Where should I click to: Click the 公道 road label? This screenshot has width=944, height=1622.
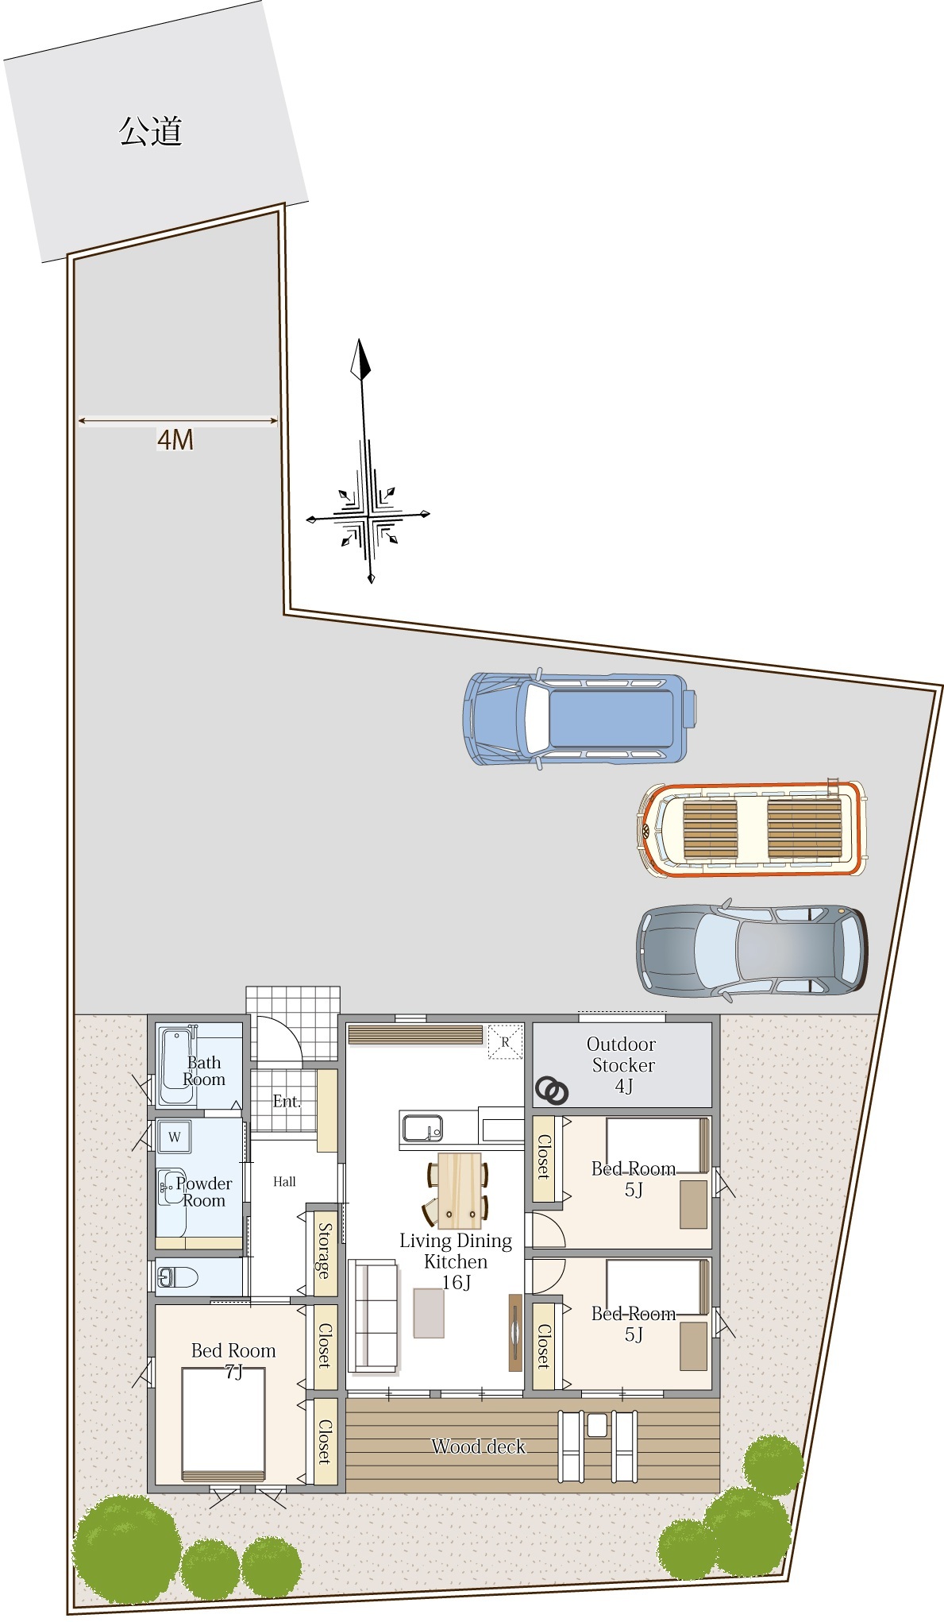tap(150, 131)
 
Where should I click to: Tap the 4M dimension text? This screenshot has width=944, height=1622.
tap(175, 439)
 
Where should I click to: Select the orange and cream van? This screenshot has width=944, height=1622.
tap(753, 829)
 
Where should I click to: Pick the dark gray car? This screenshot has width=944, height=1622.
tap(752, 949)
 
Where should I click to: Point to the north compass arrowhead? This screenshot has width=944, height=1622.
tap(361, 360)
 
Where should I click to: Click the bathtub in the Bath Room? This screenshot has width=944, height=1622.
tap(177, 1066)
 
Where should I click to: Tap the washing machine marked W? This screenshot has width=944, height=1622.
tap(174, 1137)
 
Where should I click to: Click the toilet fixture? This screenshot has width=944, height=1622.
tap(177, 1277)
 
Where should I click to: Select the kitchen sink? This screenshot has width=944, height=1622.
tap(422, 1128)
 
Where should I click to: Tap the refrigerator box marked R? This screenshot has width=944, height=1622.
tap(505, 1042)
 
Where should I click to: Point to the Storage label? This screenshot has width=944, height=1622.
tap(324, 1250)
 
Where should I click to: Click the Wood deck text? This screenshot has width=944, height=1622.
tap(479, 1446)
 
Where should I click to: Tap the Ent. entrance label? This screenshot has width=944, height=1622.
tap(287, 1101)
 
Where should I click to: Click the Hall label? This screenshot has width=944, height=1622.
tap(284, 1182)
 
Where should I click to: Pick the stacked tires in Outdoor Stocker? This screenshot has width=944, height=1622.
tap(552, 1091)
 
